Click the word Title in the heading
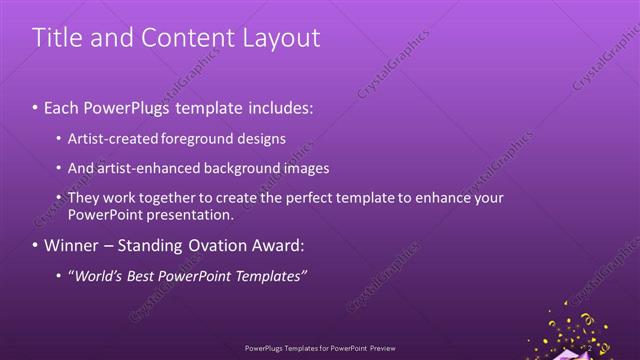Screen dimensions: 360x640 click(58, 38)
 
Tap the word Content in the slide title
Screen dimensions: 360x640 click(181, 38)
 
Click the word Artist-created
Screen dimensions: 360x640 click(109, 139)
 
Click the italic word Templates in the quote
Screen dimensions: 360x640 click(270, 275)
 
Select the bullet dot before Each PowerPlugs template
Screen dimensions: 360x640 click(35, 108)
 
